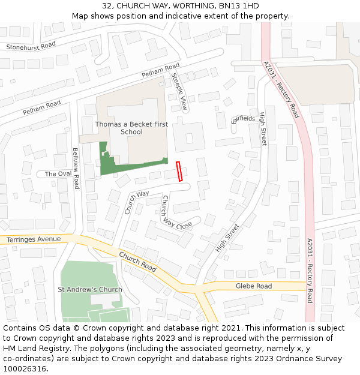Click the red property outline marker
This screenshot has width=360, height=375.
point(179,172)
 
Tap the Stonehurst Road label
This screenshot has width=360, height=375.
point(31,46)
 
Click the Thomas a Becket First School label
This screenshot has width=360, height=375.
point(131,128)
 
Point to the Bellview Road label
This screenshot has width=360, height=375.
point(76,169)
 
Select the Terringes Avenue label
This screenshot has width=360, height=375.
point(34,239)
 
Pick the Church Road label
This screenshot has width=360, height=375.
point(137,262)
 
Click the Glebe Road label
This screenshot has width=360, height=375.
point(254,286)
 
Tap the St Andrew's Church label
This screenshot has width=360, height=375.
point(90,289)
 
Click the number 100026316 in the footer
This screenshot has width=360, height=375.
point(25,369)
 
